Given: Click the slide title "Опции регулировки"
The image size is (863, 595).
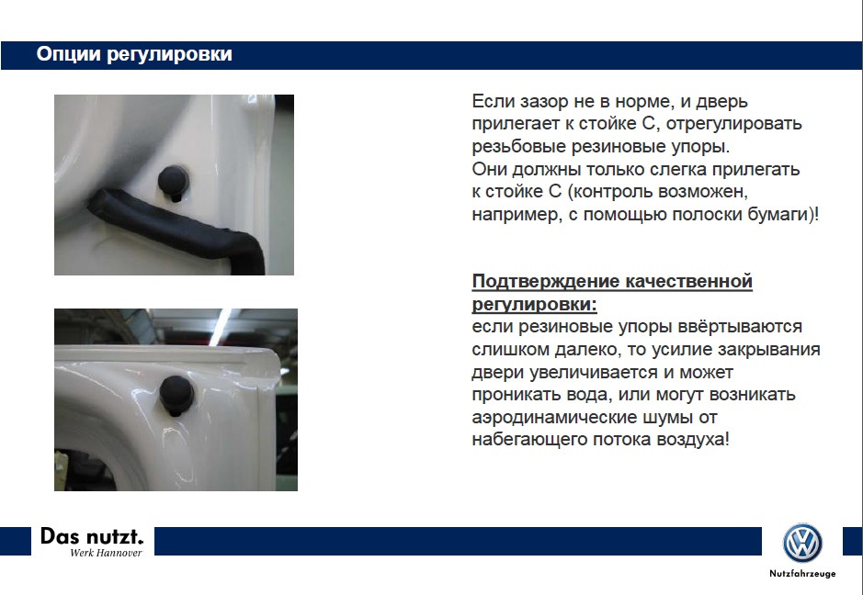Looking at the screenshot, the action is pyautogui.click(x=134, y=54).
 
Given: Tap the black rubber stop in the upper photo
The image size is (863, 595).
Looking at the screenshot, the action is pyautogui.click(x=174, y=182).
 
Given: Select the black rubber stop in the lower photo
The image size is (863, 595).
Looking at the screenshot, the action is pyautogui.click(x=176, y=396).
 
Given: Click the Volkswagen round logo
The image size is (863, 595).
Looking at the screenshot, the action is pyautogui.click(x=802, y=543).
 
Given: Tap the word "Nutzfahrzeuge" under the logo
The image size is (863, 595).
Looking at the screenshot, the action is pyautogui.click(x=802, y=574).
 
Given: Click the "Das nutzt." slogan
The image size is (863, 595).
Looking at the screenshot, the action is pyautogui.click(x=92, y=536).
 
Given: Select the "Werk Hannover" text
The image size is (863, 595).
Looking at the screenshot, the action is pyautogui.click(x=106, y=553).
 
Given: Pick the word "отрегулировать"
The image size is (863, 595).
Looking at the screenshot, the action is pyautogui.click(x=733, y=124).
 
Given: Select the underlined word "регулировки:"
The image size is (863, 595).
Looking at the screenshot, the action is pyautogui.click(x=534, y=304).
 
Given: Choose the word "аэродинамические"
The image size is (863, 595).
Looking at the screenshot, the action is pyautogui.click(x=554, y=418).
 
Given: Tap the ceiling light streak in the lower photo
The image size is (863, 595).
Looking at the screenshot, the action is pyautogui.click(x=221, y=327).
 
